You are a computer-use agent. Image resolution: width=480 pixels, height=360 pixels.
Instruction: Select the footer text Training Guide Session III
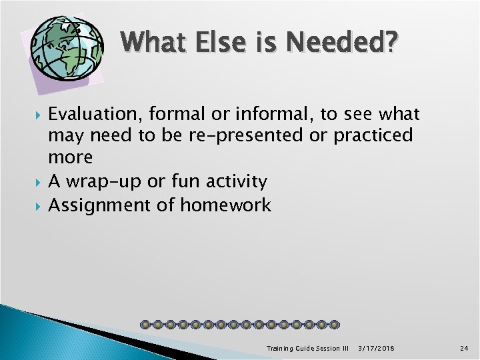coord(307,349)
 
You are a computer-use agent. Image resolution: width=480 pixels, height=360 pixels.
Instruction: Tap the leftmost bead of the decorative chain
coord(145,325)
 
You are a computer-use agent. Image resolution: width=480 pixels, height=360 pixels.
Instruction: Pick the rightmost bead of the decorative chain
coord(335,325)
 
